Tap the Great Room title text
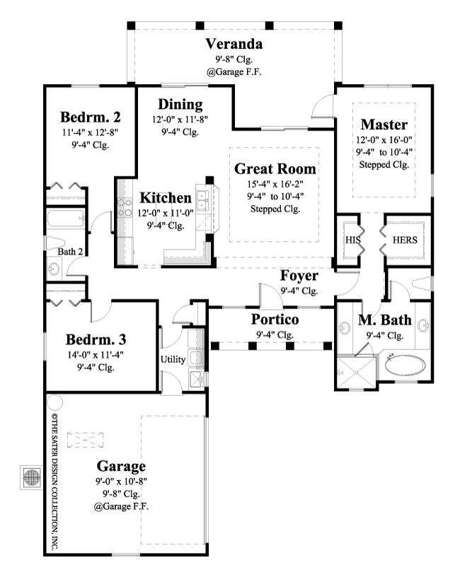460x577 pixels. [x=275, y=169]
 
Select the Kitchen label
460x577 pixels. [x=166, y=197]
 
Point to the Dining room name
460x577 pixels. [x=180, y=104]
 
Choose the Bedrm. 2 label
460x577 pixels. [x=88, y=117]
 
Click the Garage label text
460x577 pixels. [x=121, y=466]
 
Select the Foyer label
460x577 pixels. [x=299, y=276]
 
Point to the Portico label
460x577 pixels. [x=275, y=320]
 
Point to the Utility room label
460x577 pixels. [x=173, y=360]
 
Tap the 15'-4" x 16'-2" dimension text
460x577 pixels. [x=275, y=184]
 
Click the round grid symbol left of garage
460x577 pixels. [x=30, y=477]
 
